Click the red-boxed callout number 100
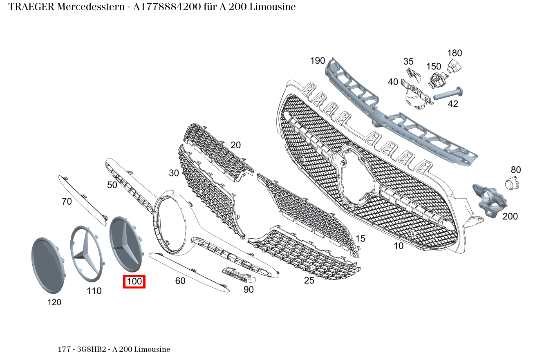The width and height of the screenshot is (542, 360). click(x=134, y=282)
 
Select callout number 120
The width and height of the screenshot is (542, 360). click(x=54, y=302)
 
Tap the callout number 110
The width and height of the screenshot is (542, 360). click(x=94, y=291)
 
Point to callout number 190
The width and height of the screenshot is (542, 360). click(x=318, y=61)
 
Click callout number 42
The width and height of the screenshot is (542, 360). click(x=453, y=104)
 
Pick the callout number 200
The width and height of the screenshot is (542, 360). click(x=510, y=216)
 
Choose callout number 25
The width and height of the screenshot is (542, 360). click(x=309, y=280)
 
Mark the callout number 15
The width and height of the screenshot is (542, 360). click(x=360, y=239)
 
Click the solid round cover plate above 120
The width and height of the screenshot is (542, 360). click(x=48, y=265)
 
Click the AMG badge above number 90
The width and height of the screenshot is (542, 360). click(x=239, y=275)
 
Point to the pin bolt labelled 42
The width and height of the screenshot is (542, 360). click(x=448, y=94)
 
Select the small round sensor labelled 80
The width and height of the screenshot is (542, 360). click(x=512, y=183)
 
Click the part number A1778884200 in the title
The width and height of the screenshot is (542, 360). click(x=167, y=7)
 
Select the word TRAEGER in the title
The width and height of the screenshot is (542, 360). click(x=31, y=7)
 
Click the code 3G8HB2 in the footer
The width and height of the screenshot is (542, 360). click(x=92, y=349)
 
